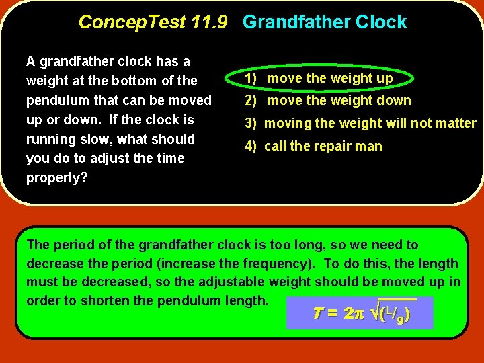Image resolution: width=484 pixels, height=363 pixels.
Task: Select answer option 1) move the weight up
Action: pos(319,79)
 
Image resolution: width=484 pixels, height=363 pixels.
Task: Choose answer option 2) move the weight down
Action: pos(328,101)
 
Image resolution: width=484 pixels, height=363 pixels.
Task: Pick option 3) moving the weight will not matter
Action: pos(360,124)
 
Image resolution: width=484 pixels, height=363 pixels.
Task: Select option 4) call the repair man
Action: pos(313,147)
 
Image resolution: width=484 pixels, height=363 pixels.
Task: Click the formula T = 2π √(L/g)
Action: pos(360,314)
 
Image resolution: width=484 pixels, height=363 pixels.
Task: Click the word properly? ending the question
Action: pos(57,178)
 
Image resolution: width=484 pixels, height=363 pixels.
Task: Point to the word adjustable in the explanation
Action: pos(242,282)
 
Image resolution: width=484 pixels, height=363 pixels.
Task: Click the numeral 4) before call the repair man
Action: pos(250,147)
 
